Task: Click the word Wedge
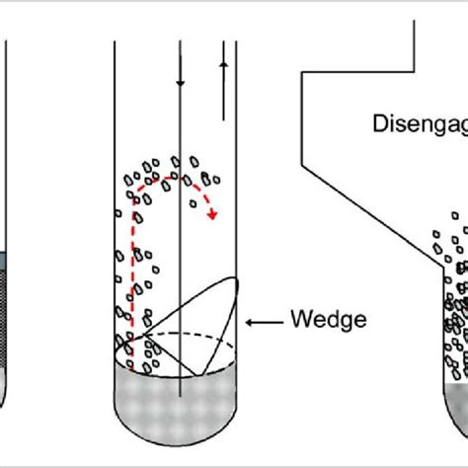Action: tap(328, 320)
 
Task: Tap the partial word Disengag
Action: tap(420, 123)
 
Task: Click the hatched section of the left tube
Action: tap(4, 316)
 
